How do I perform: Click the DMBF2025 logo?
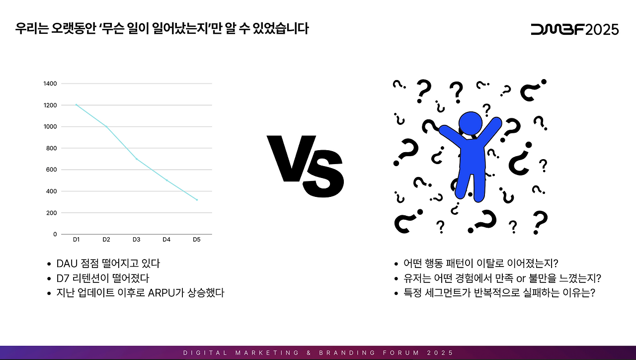point(574,29)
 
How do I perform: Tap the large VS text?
point(306,166)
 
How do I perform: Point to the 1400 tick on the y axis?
point(51,84)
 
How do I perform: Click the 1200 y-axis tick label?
point(51,105)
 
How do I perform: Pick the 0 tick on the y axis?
point(55,234)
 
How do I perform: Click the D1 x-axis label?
point(77,240)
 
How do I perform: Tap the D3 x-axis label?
point(136,240)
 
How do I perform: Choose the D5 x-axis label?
point(196,240)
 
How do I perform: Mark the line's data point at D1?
point(77,105)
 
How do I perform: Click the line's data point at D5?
point(197,200)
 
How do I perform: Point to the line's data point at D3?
point(137,159)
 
